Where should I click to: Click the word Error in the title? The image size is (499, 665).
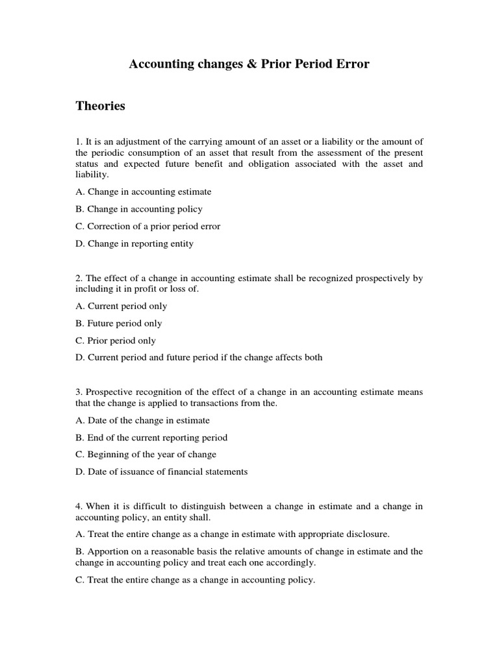click(x=352, y=64)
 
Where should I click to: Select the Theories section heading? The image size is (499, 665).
click(x=100, y=106)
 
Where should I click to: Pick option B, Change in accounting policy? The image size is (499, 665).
click(x=138, y=209)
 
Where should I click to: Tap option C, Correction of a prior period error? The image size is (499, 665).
click(x=147, y=227)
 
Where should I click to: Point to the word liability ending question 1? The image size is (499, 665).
click(x=92, y=175)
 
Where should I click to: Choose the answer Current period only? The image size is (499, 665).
click(x=121, y=306)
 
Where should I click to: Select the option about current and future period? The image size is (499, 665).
click(x=198, y=357)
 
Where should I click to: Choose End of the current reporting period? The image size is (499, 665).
click(x=151, y=438)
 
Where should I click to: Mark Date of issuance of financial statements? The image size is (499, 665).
click(x=161, y=471)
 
